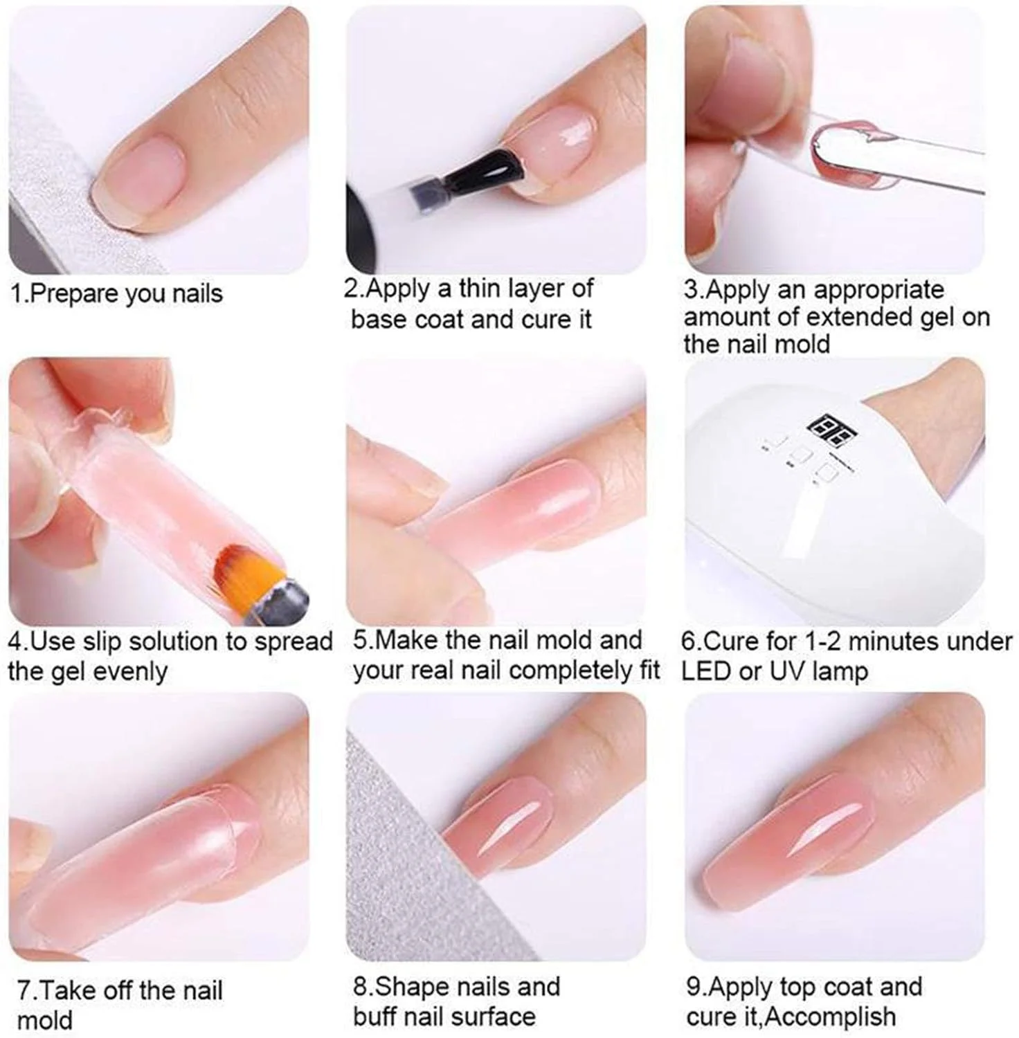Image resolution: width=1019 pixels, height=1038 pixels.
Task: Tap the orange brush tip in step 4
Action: (243, 567)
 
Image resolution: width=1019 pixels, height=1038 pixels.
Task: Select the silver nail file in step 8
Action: (402, 865)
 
